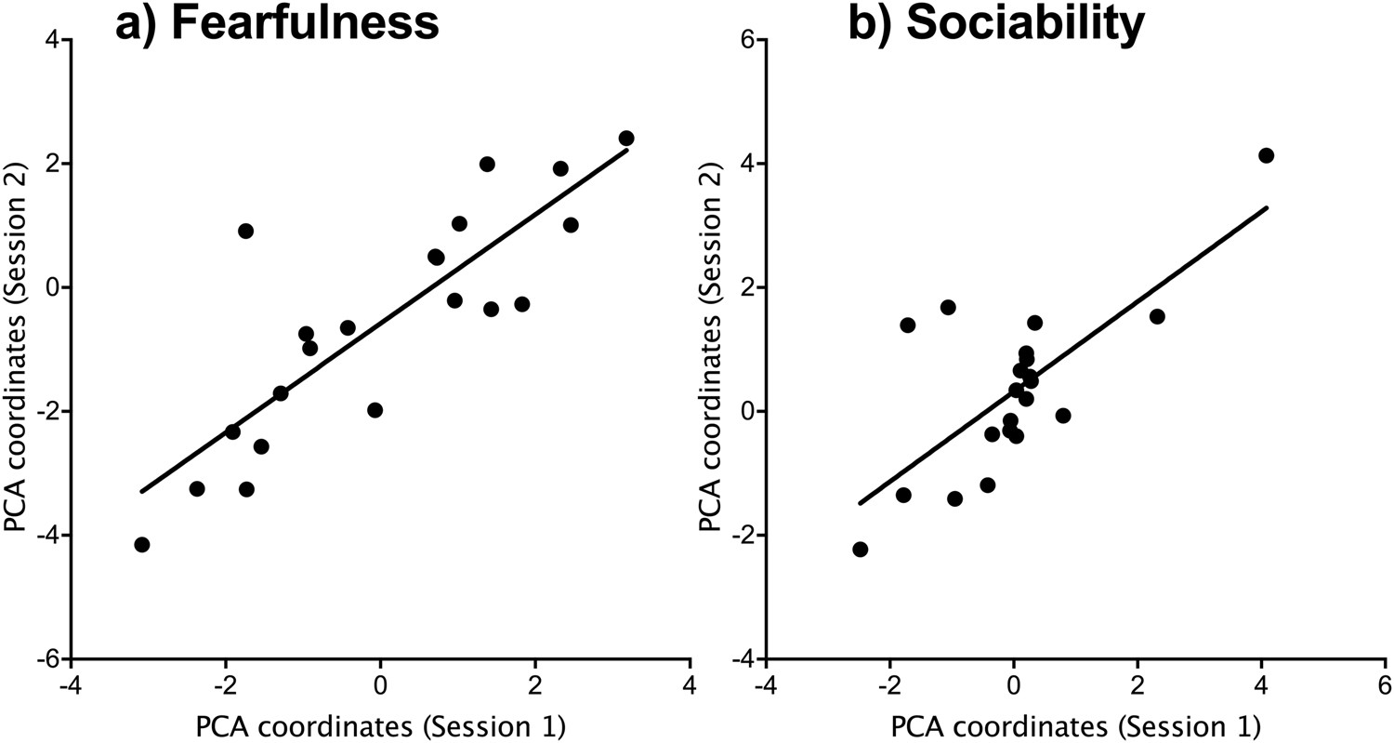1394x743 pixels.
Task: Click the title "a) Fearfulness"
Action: (277, 23)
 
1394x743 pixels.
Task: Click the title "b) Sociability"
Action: (995, 23)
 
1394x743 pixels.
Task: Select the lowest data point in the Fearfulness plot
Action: (142, 544)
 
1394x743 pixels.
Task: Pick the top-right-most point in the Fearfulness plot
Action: (626, 139)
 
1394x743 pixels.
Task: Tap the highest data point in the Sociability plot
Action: (1266, 155)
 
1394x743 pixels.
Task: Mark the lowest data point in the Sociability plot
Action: (860, 550)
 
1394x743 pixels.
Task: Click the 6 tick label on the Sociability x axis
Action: (1384, 684)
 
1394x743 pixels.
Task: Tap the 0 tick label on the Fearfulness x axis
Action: (380, 684)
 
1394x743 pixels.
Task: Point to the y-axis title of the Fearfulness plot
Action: (16, 349)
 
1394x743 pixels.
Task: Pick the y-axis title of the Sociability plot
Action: (711, 349)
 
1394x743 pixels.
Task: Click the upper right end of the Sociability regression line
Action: (1267, 207)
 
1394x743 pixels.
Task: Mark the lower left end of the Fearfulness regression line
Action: (141, 491)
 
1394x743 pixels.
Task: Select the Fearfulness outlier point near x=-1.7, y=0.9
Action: (245, 231)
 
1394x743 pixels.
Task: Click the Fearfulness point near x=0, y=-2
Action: (375, 410)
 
